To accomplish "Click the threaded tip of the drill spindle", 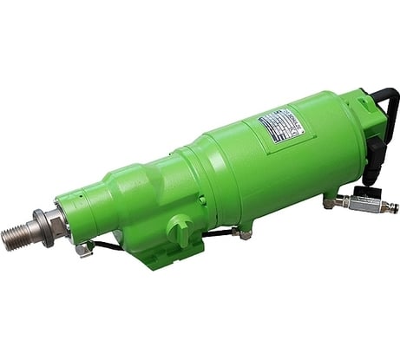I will [16, 235].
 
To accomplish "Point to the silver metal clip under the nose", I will [83, 250].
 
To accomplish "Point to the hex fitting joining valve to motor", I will [331, 202].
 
